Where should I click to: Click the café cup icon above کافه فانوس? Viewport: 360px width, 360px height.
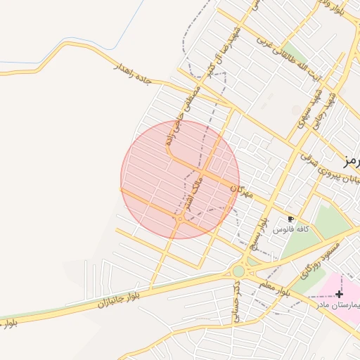coord(291,219)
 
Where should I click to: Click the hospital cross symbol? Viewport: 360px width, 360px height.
coord(340,293)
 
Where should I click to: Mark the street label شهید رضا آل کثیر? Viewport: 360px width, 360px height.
coord(221,47)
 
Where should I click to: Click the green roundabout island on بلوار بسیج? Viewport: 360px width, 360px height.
coord(239,271)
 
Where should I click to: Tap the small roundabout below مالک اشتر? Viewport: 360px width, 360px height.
coord(180,219)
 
